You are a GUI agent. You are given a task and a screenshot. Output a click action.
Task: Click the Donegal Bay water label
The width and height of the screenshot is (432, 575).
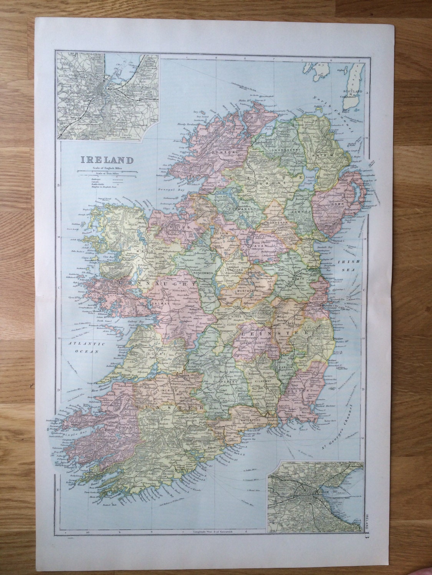click(169, 190)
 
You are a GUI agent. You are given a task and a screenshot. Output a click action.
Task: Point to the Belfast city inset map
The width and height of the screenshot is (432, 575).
click(108, 97)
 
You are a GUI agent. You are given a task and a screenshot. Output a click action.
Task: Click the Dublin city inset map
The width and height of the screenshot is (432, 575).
click(315, 497)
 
